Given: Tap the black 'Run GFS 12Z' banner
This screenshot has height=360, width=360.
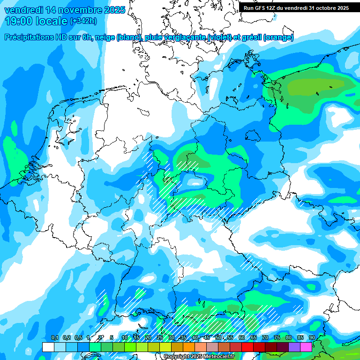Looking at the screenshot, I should click(296, 8).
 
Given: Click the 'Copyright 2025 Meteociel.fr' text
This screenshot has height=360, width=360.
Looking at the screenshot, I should click(199, 357).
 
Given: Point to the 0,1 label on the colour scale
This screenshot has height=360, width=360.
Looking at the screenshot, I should click(54, 338).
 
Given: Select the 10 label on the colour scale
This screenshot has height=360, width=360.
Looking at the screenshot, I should click(125, 338).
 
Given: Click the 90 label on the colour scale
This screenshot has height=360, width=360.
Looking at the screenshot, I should click(312, 338).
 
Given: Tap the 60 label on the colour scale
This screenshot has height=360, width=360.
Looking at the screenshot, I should click(242, 338).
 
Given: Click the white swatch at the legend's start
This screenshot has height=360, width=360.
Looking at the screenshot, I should click(48, 347).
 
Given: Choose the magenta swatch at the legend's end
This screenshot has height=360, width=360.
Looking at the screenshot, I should click(306, 347).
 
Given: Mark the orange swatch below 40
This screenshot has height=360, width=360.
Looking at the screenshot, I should click(189, 347).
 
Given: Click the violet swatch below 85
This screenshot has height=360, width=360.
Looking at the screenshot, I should click(294, 347).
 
